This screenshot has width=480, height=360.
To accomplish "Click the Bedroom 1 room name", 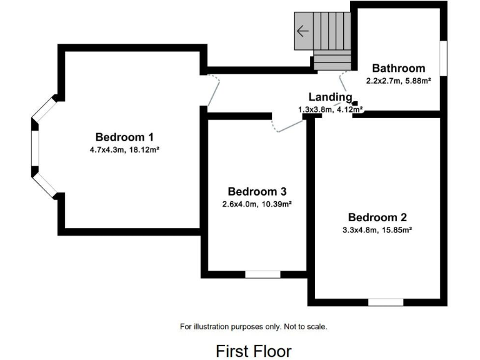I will tap(124, 137).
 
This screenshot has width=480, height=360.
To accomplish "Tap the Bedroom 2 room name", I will tap(377, 217).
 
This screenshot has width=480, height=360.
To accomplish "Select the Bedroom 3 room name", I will tap(257, 191).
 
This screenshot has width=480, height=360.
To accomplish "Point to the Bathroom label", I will tap(398, 68).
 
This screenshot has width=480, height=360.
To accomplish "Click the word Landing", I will tap(331, 97).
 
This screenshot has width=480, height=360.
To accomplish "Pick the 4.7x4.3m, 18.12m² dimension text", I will tap(124, 149).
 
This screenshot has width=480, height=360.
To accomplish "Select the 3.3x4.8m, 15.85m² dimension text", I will tap(377, 229).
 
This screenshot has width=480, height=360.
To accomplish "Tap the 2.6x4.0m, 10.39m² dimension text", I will tap(257, 204).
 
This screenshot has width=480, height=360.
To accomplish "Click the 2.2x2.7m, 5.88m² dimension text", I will tap(398, 80).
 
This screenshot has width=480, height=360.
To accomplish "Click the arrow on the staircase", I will tap(304, 31).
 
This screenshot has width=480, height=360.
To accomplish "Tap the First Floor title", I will tap(253, 351).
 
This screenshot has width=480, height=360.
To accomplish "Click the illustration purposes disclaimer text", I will tap(253, 326).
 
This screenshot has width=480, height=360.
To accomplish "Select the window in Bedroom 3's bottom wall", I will tap(262, 274).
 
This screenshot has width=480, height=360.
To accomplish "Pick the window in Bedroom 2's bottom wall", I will tap(385, 302).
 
